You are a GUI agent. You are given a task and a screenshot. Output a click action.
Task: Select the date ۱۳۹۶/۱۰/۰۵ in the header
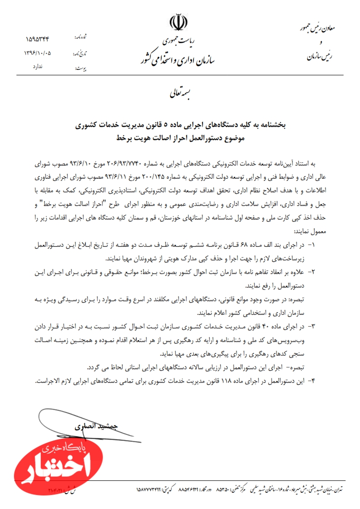point(38,53)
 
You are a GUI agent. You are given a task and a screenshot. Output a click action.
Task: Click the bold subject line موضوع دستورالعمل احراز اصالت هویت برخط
point(180,137)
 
